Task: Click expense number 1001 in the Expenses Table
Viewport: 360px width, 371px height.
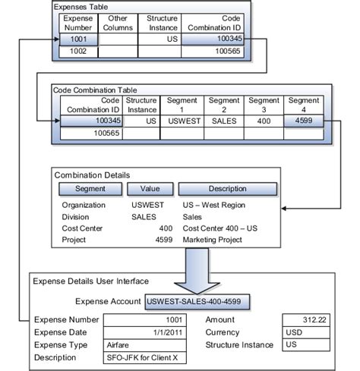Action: point(78,39)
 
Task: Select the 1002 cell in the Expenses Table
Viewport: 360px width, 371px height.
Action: point(78,52)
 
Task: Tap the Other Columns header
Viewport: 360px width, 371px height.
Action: point(118,23)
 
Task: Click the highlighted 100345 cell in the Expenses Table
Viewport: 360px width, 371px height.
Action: point(213,39)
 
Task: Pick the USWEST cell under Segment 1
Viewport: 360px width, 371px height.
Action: point(182,121)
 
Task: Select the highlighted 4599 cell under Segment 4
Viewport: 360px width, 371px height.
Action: point(304,121)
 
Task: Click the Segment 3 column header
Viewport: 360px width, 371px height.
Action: point(264,105)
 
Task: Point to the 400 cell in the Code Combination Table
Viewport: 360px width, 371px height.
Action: point(264,121)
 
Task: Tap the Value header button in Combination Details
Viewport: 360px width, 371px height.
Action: point(150,189)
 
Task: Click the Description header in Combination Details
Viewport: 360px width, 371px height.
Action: point(228,189)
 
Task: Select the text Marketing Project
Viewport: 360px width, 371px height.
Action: point(212,240)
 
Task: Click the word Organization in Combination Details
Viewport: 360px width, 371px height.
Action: point(84,205)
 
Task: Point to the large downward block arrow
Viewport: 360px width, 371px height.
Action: point(197,271)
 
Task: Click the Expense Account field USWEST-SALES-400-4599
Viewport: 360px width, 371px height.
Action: point(197,301)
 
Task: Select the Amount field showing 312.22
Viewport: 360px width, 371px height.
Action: point(306,320)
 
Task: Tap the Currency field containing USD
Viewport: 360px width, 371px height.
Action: point(306,332)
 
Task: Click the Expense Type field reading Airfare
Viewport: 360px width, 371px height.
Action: point(145,345)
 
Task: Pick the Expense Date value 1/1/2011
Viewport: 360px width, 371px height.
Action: point(145,332)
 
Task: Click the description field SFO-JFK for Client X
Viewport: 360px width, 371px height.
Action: point(145,358)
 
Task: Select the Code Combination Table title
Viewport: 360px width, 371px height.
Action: point(95,90)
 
